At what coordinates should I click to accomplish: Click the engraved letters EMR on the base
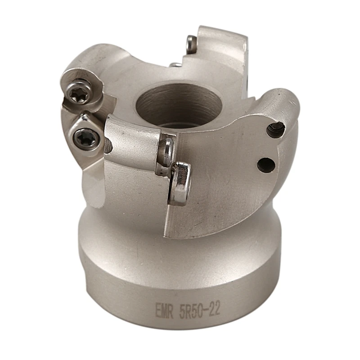point(164,310)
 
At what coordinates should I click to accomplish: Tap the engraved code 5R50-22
point(200,310)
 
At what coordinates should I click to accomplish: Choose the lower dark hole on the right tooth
point(266,165)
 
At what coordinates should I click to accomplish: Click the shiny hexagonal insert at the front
point(181,183)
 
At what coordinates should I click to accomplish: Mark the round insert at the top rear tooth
point(191,44)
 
